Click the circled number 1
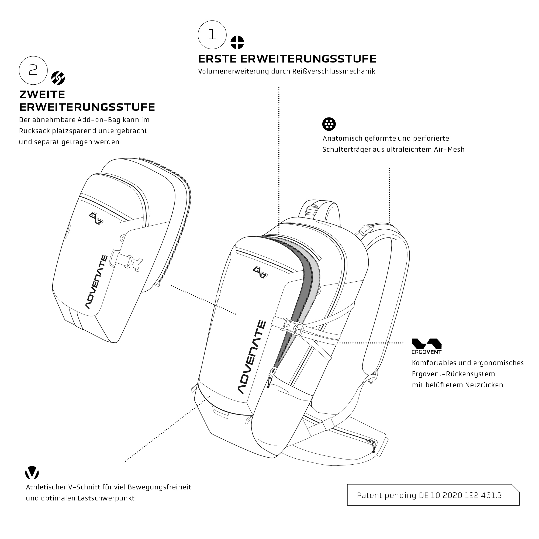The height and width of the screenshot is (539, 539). click(x=212, y=35)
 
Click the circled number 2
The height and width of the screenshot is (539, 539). click(x=33, y=70)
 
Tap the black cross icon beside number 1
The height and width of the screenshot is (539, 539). click(x=237, y=42)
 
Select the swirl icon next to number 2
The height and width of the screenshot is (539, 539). click(x=58, y=78)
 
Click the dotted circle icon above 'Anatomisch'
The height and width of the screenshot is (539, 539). click(x=329, y=124)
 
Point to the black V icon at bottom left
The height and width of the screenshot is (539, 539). click(x=32, y=473)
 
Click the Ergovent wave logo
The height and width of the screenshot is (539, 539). click(x=427, y=343)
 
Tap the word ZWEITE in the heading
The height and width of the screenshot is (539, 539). click(x=42, y=95)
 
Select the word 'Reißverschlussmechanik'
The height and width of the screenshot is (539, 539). click(x=334, y=71)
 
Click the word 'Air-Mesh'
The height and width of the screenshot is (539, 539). click(x=449, y=149)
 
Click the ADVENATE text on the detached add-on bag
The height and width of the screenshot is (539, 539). click(x=96, y=282)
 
